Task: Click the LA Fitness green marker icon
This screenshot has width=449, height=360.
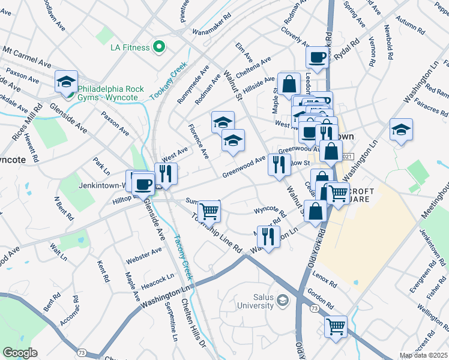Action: point(159,46)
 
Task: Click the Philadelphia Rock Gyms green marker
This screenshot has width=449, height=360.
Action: point(70,93)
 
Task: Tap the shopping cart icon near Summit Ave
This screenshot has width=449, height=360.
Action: point(209,211)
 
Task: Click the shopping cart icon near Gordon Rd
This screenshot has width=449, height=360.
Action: point(336,326)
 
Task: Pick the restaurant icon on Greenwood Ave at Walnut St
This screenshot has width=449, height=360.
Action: point(278,164)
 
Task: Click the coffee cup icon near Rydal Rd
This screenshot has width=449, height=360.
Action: point(317,58)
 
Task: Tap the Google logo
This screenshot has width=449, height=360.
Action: point(20,353)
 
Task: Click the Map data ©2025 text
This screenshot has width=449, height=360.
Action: point(423,355)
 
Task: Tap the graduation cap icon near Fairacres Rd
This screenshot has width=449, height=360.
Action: point(400,130)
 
